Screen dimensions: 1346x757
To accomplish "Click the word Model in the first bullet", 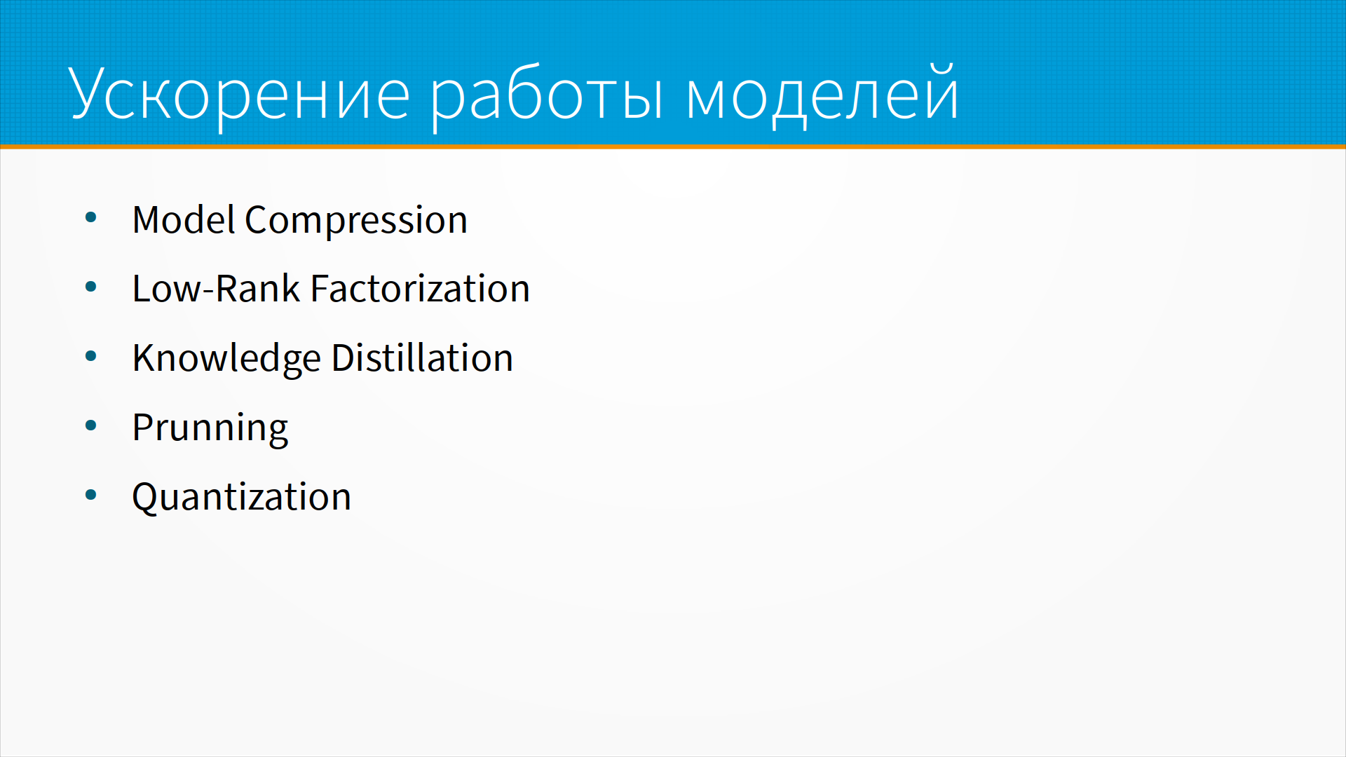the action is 184,219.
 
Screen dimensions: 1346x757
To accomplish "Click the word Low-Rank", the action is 216,288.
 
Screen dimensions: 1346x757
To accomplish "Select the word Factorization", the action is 420,288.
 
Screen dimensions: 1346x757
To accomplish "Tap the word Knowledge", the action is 226,359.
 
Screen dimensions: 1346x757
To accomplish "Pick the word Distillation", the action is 422,357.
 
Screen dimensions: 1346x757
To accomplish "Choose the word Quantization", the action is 242,497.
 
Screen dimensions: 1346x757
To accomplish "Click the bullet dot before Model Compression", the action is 90,217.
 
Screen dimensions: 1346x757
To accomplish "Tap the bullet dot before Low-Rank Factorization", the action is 90,287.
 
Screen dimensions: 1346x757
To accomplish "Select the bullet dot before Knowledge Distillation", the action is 90,356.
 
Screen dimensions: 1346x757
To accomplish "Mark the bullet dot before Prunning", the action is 90,425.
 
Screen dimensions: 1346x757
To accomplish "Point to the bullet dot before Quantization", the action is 90,495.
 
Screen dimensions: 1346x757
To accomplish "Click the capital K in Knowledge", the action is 144,357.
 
